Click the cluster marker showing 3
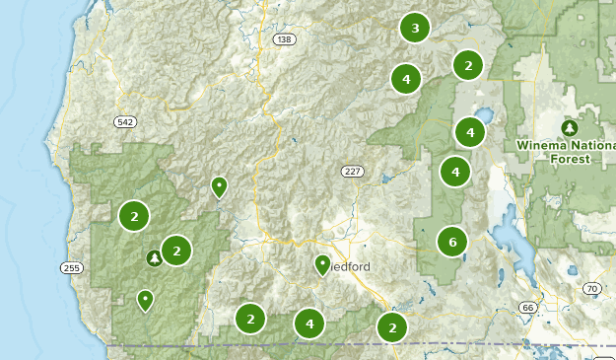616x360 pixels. pos(415,28)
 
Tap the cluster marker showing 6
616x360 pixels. pos(452,241)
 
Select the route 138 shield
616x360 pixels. pos(286,39)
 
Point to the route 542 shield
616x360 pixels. pos(124,121)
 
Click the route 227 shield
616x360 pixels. pos(353,172)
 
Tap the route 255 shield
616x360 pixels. pos(71,267)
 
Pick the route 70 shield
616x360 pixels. pos(591,288)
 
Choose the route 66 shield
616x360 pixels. pos(527,308)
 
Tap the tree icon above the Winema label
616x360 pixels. pos(569,128)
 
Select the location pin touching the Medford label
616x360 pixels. pos(322,264)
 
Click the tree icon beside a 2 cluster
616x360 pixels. pos(154,258)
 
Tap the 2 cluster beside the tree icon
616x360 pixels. pos(175,251)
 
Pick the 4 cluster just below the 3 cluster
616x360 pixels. pos(405,78)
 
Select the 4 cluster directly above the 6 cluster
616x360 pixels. pos(455,172)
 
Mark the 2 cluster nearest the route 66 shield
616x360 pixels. pos(392,327)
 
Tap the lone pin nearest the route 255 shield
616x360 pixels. pos(146,299)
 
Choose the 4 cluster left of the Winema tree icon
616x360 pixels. pos(470,131)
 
